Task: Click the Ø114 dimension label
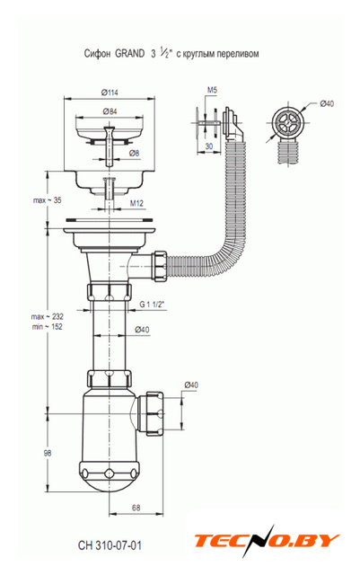click(110, 93)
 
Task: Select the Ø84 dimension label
click(110, 111)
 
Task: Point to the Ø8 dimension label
click(135, 154)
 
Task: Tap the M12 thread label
click(136, 203)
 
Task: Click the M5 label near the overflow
click(213, 90)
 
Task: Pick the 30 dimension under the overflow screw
click(208, 146)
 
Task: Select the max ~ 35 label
click(48, 200)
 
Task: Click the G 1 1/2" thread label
click(152, 304)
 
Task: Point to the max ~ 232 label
click(48, 316)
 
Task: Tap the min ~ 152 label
click(48, 326)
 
